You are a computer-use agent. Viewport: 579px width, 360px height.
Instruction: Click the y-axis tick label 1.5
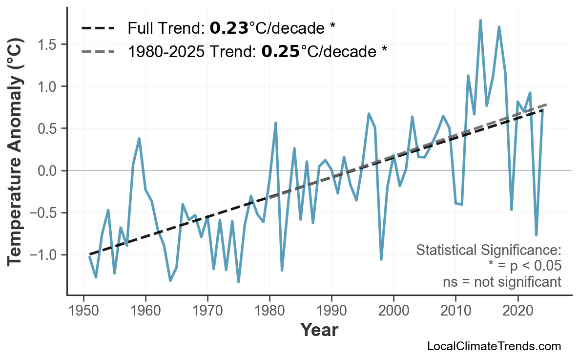pos(47,44)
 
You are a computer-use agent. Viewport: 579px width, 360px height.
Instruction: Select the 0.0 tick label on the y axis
pos(47,171)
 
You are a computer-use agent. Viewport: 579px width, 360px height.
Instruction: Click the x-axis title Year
pos(319,330)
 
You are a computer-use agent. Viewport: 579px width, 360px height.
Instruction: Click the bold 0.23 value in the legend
pos(229,28)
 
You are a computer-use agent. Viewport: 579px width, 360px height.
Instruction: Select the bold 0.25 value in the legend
pos(281,51)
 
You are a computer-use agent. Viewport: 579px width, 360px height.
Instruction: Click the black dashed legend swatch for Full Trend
pos(98,28)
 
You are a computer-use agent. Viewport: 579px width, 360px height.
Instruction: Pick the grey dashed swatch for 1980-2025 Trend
pos(98,51)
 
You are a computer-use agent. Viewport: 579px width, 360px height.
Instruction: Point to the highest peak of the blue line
pos(480,21)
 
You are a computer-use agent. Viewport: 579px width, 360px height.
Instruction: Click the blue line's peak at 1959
pos(139,138)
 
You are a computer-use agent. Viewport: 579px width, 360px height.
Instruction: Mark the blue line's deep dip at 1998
pos(381,259)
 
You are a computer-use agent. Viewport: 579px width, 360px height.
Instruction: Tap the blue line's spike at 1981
pos(276,123)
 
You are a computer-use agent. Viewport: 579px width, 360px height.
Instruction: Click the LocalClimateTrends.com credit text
pos(494,346)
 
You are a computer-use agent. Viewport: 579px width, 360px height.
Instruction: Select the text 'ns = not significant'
pos(502,282)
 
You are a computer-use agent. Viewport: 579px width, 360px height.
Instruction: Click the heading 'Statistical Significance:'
pos(488,250)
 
